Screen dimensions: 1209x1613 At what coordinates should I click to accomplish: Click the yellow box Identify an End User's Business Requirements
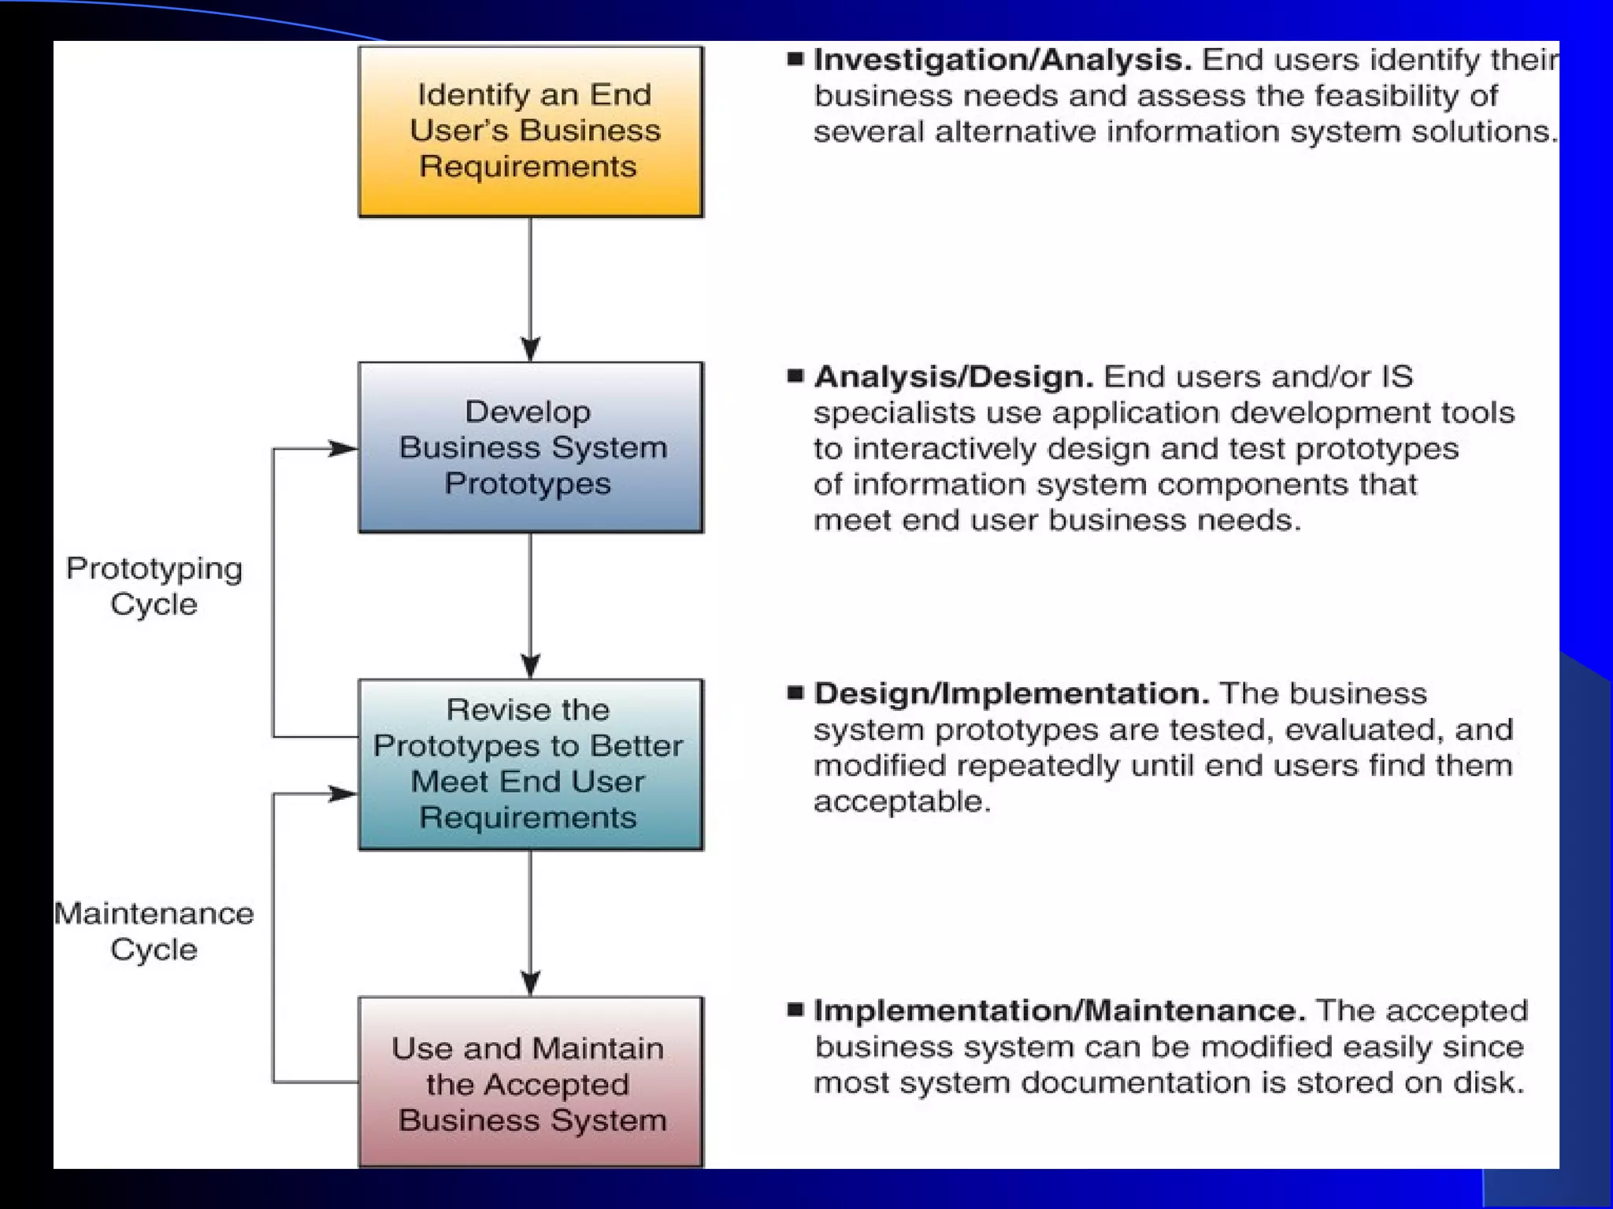coord(530,131)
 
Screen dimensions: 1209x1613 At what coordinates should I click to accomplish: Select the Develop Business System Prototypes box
coord(530,447)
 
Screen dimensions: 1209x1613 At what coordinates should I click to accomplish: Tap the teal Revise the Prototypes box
coord(530,764)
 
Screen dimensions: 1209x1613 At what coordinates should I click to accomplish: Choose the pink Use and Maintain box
coord(530,1082)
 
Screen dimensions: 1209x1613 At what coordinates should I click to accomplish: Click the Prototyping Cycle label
coord(154,586)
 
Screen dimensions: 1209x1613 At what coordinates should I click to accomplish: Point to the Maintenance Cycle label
coord(154,931)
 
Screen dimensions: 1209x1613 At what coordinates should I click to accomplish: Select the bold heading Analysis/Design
coord(953,377)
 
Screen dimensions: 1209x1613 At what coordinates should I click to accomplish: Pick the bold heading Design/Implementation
coord(1011,693)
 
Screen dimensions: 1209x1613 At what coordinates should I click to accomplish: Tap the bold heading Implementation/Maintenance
coord(1059,1011)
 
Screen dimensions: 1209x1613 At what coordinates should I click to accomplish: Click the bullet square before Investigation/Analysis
coord(795,58)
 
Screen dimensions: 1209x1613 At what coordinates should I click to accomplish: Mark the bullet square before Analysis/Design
coord(795,375)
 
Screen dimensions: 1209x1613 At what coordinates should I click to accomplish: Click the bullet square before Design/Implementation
coord(795,693)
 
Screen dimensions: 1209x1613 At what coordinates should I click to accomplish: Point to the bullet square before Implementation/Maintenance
coord(795,1009)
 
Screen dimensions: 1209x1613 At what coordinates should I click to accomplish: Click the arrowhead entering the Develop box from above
coord(531,349)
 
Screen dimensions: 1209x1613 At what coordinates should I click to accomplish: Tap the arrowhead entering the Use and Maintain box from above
coord(531,983)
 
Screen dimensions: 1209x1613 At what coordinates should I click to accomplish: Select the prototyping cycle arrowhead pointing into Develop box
coord(343,449)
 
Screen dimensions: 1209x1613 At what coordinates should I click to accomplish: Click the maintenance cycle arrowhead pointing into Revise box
coord(343,793)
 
